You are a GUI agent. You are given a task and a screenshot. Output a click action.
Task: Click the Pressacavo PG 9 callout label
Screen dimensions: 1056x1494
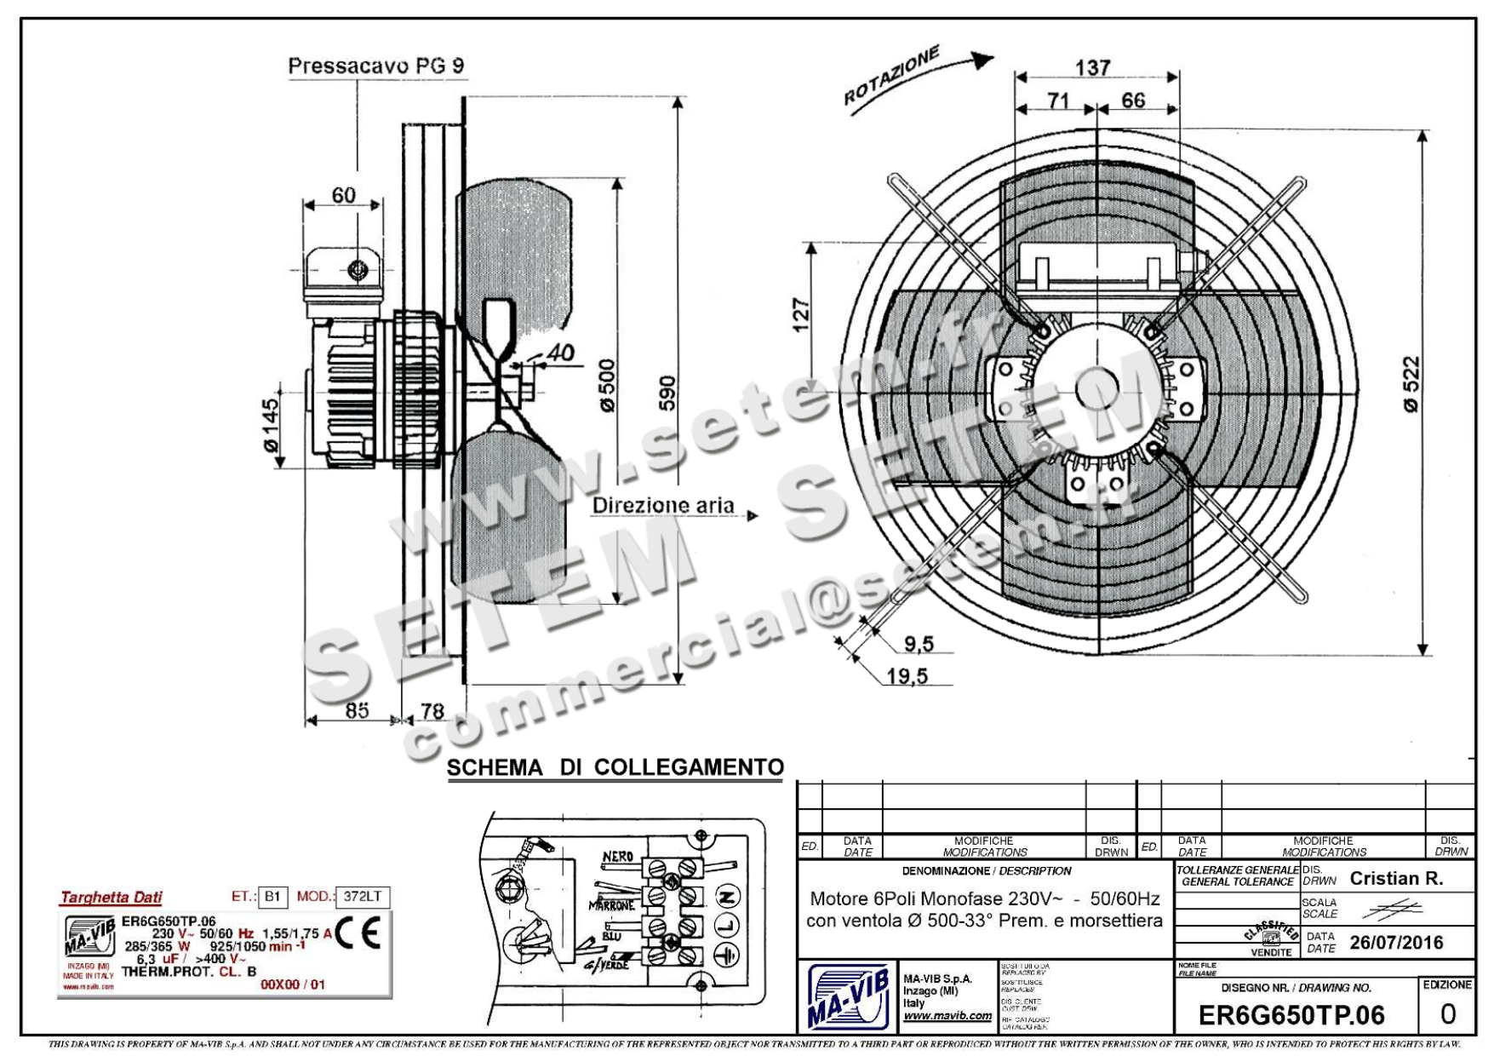point(376,66)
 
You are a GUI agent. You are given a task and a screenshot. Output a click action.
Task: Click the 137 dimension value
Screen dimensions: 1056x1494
point(1092,67)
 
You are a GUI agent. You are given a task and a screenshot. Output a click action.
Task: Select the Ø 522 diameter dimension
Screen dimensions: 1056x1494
point(1411,384)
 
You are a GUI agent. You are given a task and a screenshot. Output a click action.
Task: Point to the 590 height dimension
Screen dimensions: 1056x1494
point(667,393)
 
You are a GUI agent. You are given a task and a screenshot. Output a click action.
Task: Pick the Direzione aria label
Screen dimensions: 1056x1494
point(663,505)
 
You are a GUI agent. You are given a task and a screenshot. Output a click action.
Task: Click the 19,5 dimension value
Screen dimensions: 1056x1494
point(907,676)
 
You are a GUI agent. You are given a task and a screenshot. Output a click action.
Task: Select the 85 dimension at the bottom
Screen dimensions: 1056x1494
point(357,709)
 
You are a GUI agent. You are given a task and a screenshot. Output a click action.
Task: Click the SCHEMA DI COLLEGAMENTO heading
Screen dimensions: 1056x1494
point(615,767)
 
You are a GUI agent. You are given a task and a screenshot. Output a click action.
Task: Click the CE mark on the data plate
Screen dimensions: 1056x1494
point(358,934)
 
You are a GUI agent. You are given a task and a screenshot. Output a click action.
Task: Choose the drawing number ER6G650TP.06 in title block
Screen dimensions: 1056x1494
point(1291,1014)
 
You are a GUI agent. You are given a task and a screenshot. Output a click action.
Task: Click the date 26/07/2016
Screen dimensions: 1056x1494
point(1396,942)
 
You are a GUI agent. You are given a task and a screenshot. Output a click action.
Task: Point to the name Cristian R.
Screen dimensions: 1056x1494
point(1396,878)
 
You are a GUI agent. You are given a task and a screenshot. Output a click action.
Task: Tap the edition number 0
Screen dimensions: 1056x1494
point(1447,1013)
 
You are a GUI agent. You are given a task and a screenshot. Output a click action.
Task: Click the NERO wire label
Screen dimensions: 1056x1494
point(617,857)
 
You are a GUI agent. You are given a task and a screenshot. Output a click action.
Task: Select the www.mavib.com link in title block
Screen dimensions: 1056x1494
point(947,1015)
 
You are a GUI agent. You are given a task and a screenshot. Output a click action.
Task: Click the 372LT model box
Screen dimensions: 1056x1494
point(363,896)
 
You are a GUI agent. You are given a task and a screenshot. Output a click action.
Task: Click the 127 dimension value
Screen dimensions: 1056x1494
point(800,314)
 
